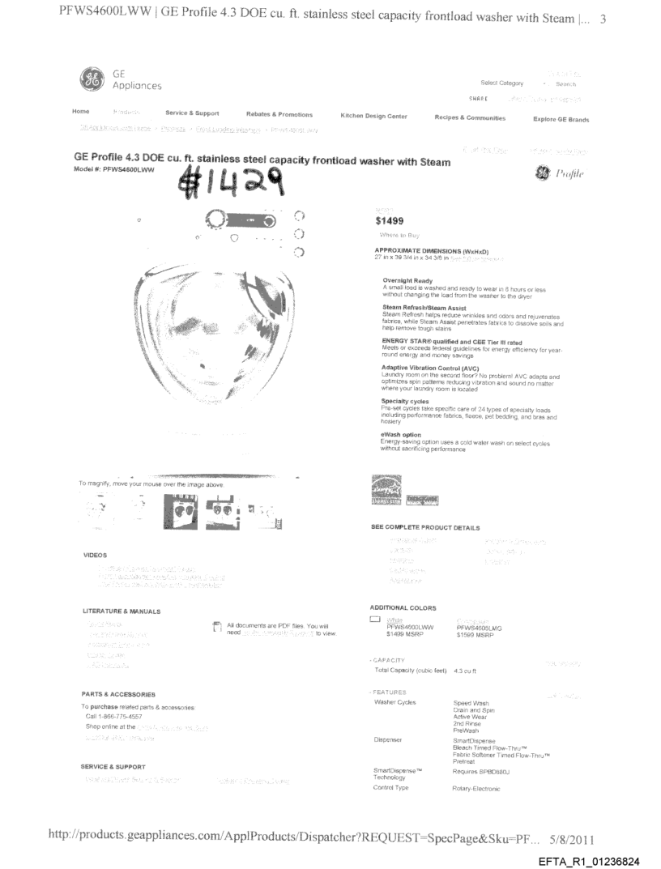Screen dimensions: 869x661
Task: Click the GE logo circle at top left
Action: [x=92, y=80]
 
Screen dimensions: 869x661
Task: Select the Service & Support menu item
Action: [x=192, y=114]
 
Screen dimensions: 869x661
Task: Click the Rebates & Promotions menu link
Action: [x=279, y=115]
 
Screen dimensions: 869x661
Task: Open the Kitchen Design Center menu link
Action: [x=373, y=117]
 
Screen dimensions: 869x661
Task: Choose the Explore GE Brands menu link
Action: [x=561, y=119]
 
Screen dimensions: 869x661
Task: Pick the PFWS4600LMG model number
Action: [x=480, y=627]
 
